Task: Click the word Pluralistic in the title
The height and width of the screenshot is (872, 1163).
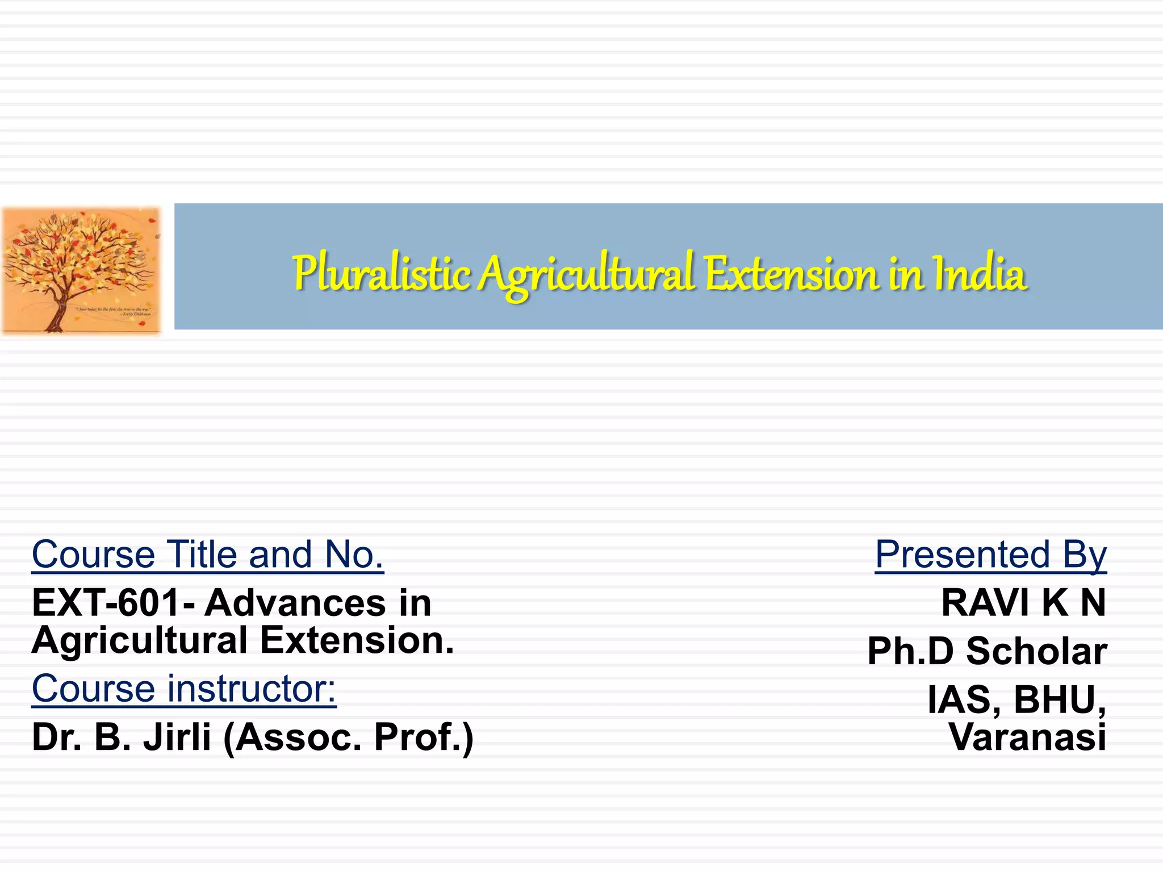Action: (381, 274)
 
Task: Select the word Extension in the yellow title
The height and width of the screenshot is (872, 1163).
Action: (793, 274)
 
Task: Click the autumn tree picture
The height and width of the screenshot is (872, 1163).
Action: (81, 270)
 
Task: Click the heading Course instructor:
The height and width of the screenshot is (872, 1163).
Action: (184, 689)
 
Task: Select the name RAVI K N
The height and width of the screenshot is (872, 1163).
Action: (1023, 602)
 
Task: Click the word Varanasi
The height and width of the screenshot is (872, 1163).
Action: (1027, 737)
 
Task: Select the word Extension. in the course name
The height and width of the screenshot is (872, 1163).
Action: (357, 640)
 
